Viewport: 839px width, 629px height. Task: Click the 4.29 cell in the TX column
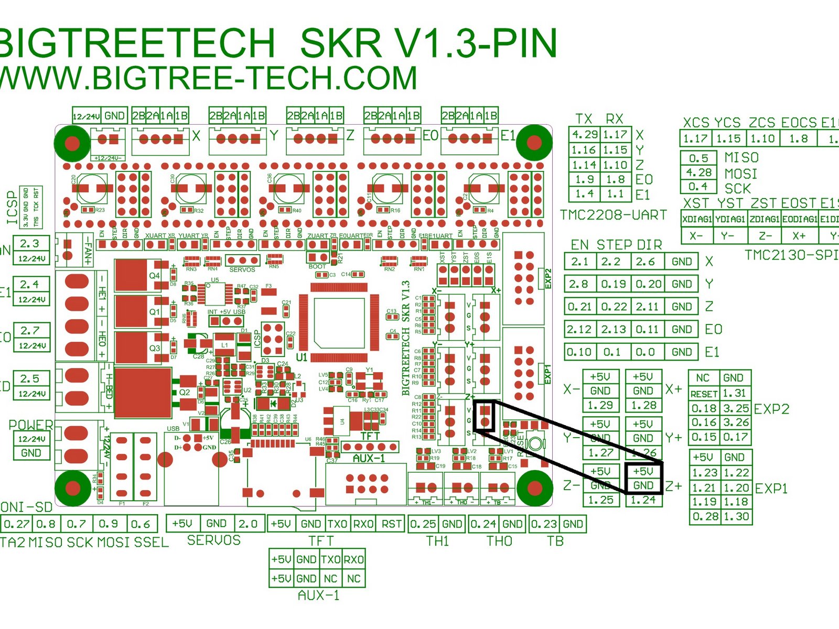coord(584,135)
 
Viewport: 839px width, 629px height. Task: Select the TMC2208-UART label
coord(613,215)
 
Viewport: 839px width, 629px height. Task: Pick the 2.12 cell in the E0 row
coord(579,329)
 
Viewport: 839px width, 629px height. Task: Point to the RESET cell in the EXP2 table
coord(704,394)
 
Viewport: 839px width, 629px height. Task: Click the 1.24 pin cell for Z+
coord(643,500)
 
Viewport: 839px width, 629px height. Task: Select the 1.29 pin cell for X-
coord(600,405)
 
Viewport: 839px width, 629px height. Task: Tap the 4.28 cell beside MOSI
coord(698,172)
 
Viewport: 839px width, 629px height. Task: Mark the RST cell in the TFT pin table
coord(391,524)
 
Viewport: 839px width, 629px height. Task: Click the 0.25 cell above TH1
coord(423,524)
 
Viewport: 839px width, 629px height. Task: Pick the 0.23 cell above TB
coord(543,524)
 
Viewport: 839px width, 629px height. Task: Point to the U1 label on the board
coord(302,357)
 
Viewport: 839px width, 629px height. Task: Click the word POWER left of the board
coord(30,425)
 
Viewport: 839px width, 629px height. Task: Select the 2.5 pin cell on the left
coord(30,378)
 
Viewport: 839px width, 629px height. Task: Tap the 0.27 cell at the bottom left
coord(16,524)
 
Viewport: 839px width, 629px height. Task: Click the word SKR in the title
coord(340,43)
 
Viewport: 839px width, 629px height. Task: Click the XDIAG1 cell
coord(697,219)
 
